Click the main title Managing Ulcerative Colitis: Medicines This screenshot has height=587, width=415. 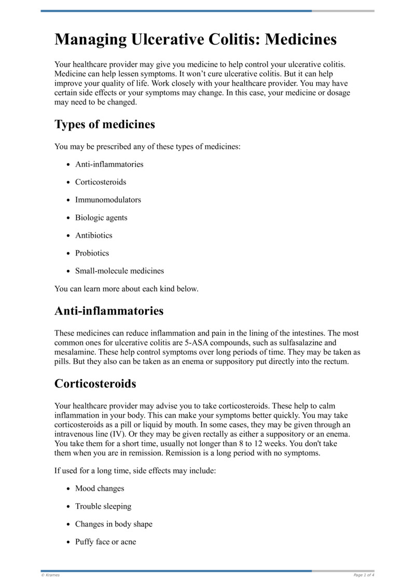click(196, 39)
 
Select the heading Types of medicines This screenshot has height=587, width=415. click(104, 125)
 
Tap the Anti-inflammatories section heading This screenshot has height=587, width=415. click(109, 311)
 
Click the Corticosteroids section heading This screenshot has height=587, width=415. click(95, 384)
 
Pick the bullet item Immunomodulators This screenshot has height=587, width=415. click(108, 200)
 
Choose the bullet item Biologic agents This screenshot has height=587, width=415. click(101, 218)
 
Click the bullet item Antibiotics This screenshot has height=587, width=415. click(93, 235)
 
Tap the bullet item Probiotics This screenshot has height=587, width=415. click(92, 254)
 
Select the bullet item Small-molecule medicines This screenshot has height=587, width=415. click(119, 271)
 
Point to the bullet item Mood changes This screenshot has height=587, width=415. click(100, 489)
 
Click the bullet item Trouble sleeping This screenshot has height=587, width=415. click(103, 506)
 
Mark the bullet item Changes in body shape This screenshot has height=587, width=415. click(114, 524)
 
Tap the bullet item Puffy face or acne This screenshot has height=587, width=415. click(105, 542)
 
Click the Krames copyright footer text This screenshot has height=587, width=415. click(50, 575)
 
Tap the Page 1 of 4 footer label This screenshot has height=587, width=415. click(364, 575)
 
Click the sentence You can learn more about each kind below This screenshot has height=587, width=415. click(126, 289)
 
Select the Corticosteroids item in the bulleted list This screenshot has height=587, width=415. click(101, 182)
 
